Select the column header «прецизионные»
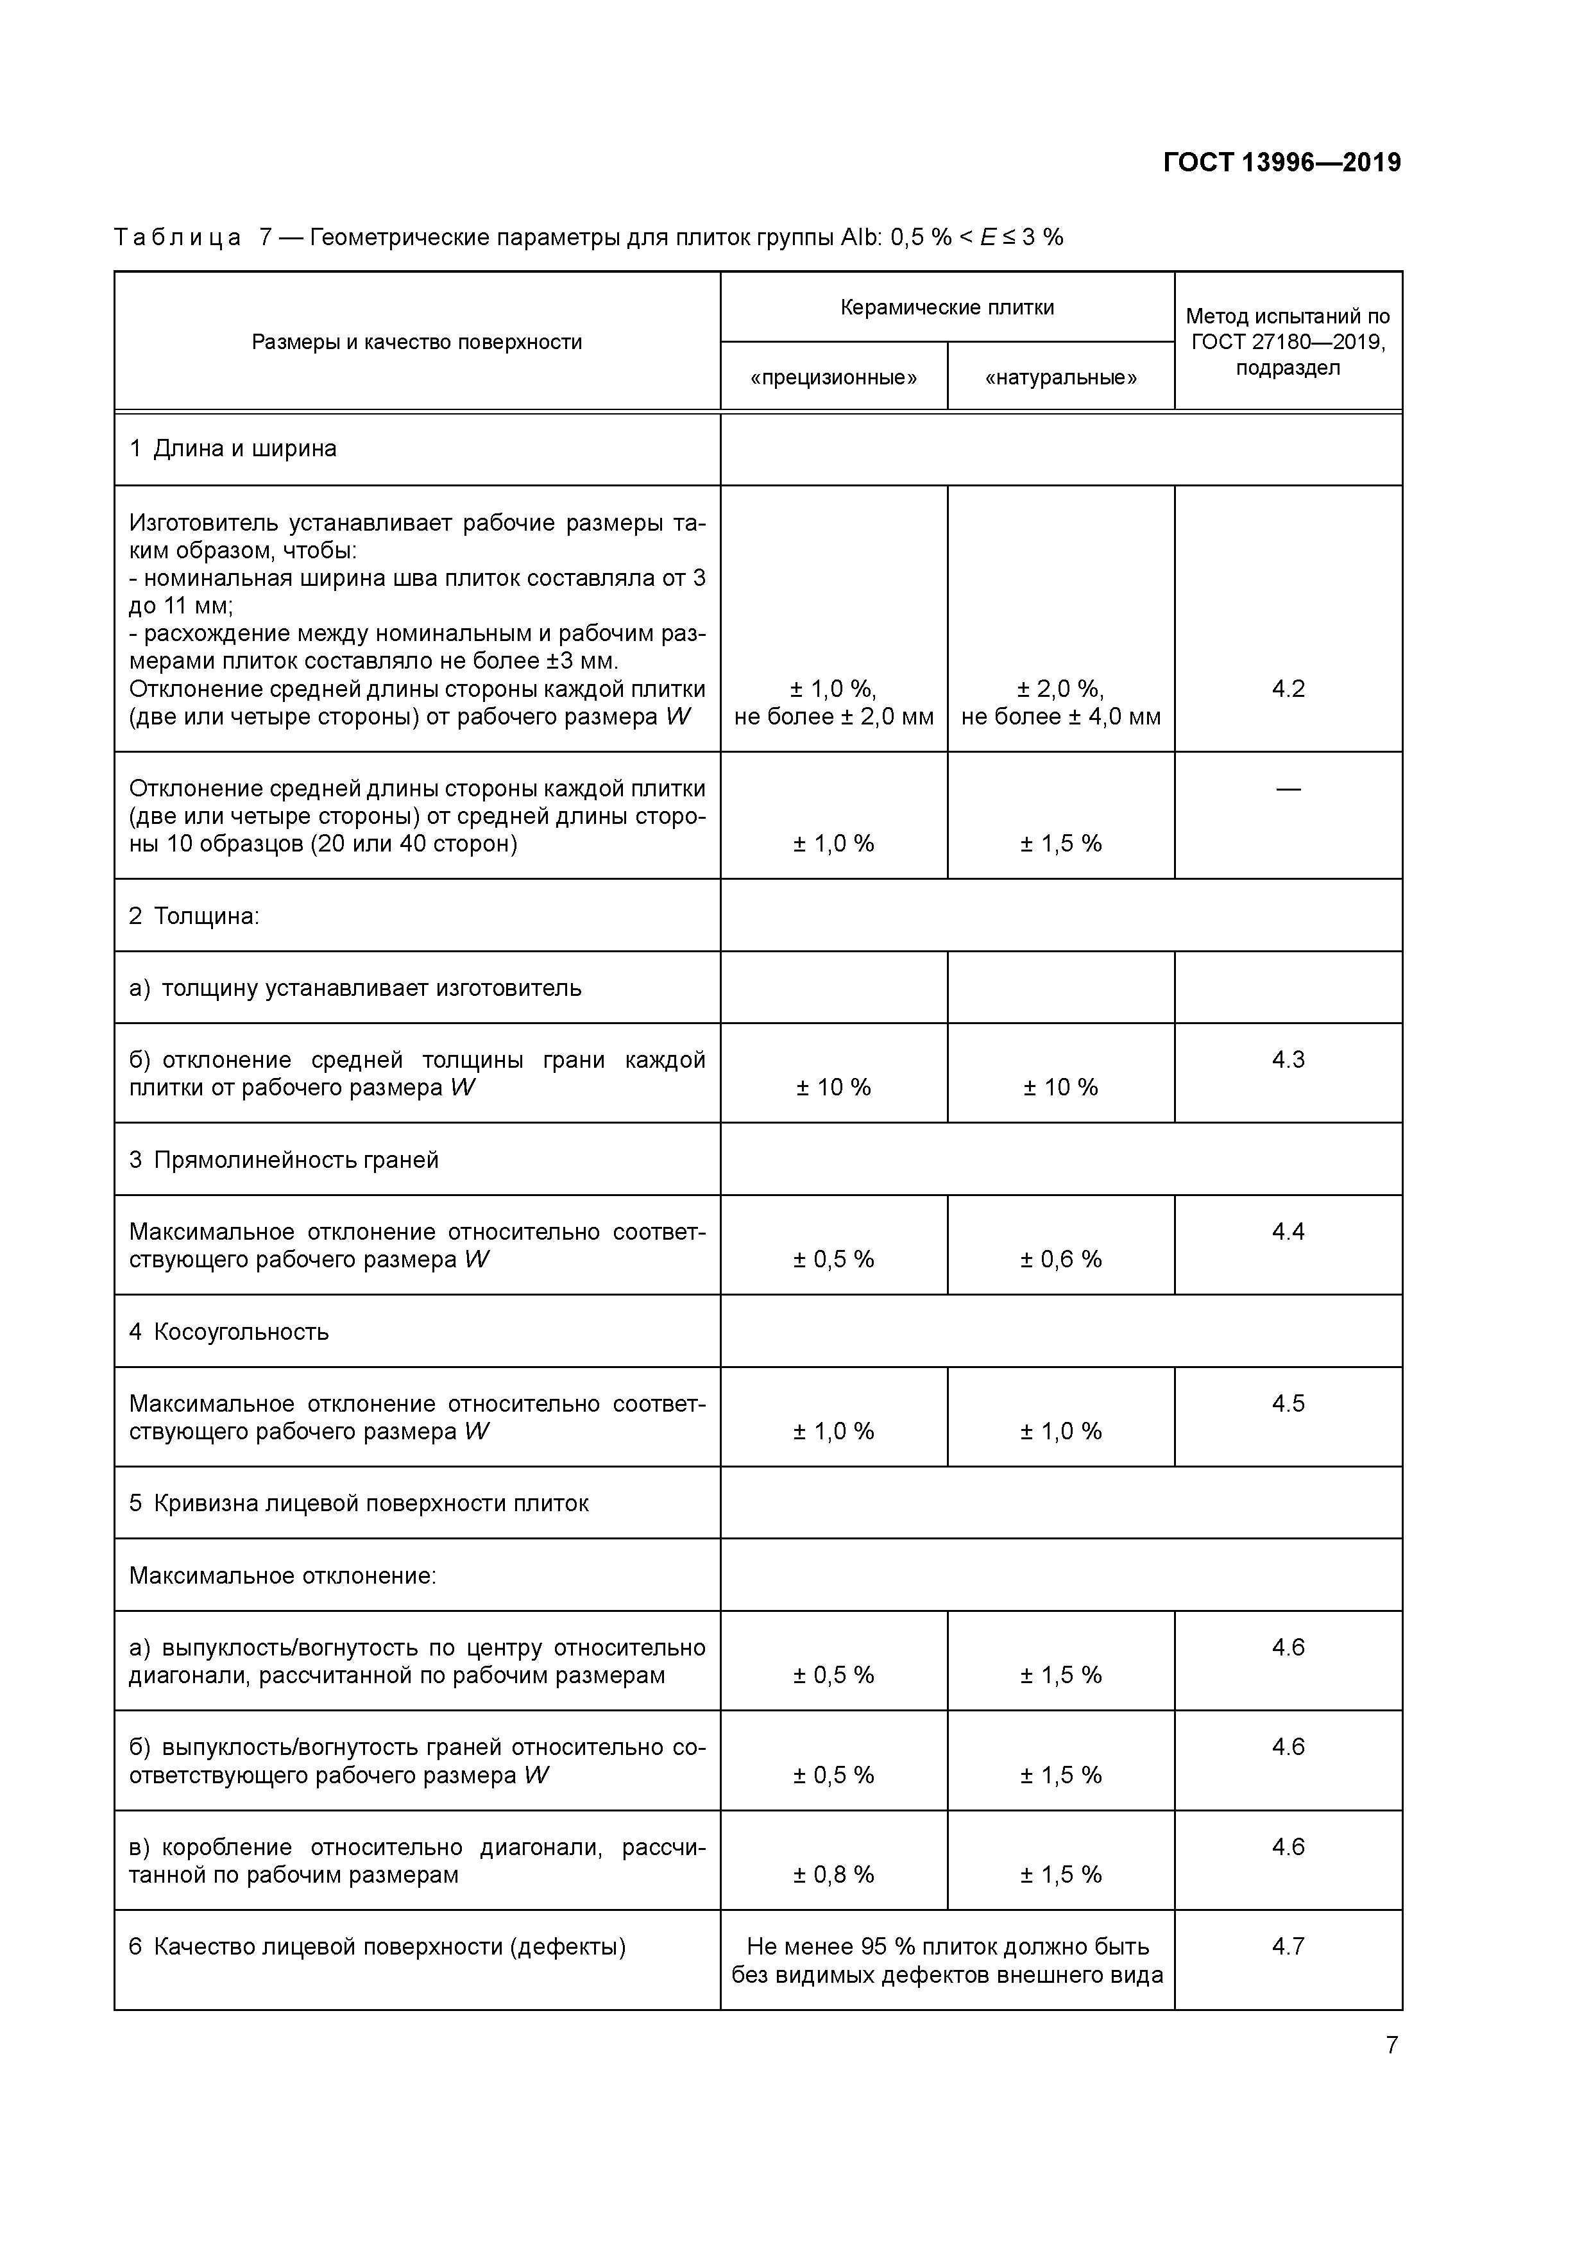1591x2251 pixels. pos(833,377)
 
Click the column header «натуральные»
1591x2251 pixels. pos(1060,377)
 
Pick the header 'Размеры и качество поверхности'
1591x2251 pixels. pos(416,342)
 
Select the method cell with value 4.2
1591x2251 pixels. pos(1288,689)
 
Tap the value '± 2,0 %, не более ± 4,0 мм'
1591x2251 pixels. pos(1060,703)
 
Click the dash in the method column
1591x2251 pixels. pos(1288,788)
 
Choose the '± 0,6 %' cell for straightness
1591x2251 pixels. pos(1060,1259)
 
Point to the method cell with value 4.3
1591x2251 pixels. pos(1288,1060)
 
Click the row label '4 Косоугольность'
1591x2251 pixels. pos(230,1331)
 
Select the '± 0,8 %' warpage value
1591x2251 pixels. pos(833,1874)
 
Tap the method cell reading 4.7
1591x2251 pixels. pos(1288,1946)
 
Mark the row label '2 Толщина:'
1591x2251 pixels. pos(194,916)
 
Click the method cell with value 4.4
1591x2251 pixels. pos(1288,1231)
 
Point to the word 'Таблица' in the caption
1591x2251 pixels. pos(178,237)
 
